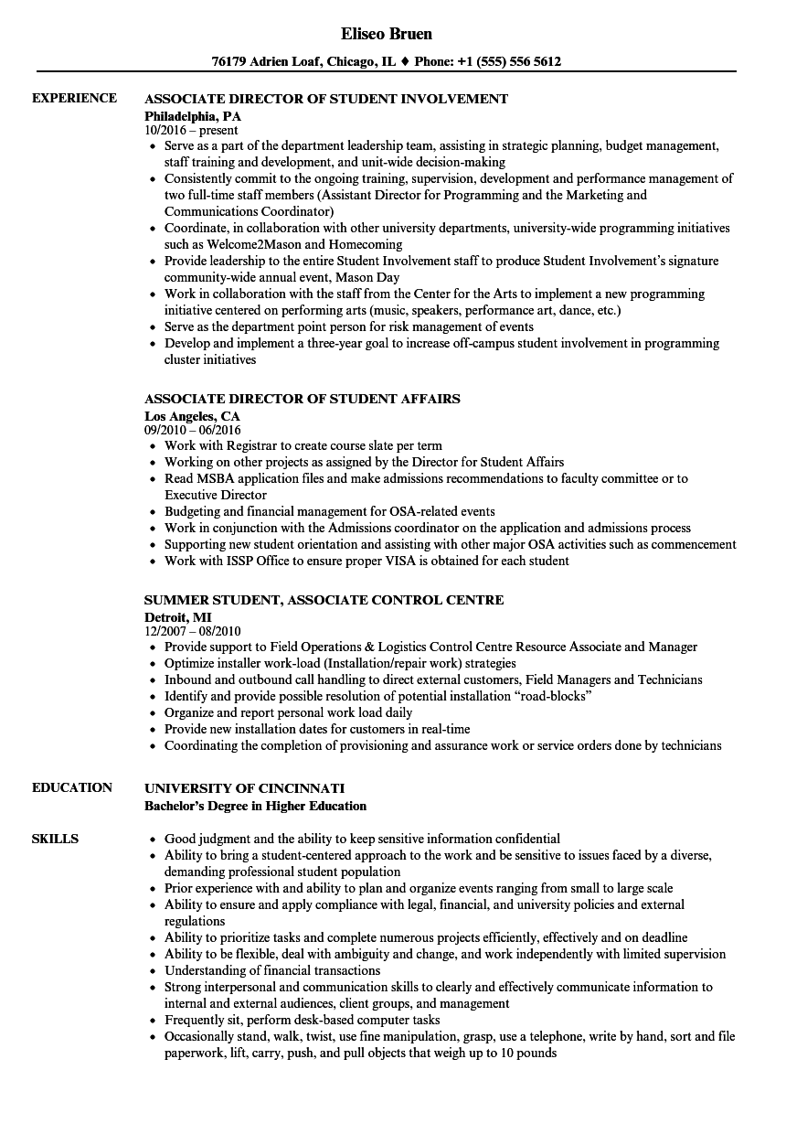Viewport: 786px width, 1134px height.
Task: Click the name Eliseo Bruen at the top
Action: point(387,34)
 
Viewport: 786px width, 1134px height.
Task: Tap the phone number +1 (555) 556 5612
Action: point(508,62)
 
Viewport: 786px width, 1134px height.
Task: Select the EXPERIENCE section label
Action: point(75,99)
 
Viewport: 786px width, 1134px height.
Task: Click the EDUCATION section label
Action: point(72,787)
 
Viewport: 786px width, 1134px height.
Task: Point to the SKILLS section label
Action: point(55,839)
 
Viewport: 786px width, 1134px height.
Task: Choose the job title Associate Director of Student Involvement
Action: point(326,99)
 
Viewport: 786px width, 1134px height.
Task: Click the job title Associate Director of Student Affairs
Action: point(303,399)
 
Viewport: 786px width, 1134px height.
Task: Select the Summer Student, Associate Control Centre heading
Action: point(324,600)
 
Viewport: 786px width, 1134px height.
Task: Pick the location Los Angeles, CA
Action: point(193,416)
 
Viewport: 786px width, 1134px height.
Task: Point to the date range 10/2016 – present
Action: point(192,130)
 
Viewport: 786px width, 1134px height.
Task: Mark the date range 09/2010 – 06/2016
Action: point(193,430)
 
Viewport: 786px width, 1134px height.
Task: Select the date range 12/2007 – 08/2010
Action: point(193,631)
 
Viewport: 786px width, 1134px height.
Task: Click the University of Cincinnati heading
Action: point(245,787)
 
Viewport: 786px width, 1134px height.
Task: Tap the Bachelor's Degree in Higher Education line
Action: point(256,806)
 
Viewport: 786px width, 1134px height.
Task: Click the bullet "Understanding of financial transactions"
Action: point(272,970)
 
